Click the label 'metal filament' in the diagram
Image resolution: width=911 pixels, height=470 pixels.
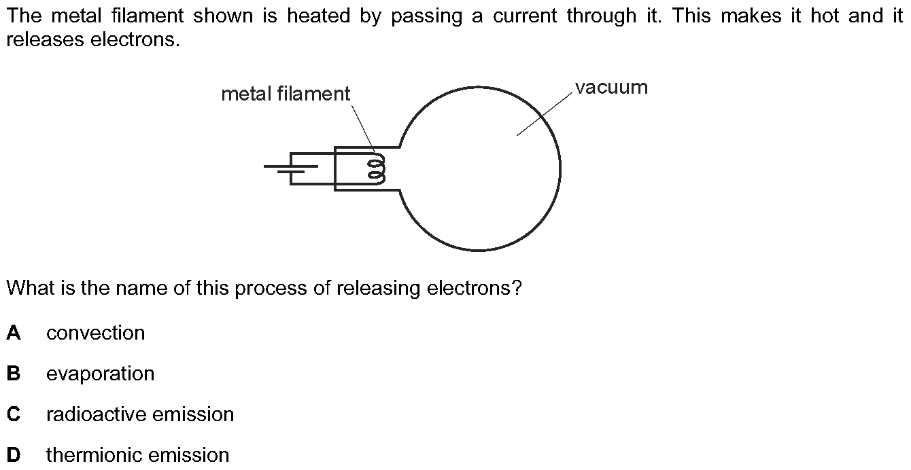286,94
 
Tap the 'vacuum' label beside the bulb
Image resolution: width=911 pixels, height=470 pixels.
611,88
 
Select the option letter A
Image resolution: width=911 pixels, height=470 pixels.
14,333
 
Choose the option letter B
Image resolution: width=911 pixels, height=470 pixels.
14,374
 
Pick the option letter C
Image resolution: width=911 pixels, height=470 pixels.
14,414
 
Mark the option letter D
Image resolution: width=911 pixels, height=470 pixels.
14,455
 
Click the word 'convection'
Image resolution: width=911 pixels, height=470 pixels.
96,333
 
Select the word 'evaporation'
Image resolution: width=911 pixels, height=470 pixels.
101,374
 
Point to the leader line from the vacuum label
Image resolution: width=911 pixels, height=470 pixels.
544,115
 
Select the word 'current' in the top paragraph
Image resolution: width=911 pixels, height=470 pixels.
526,16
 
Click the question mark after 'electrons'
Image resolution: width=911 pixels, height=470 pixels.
517,289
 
